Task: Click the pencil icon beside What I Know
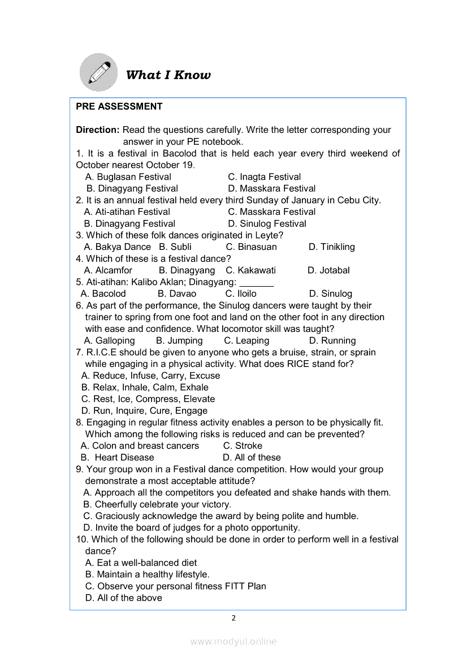point(98,72)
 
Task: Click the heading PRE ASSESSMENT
point(119,106)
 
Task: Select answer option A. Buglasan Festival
point(128,177)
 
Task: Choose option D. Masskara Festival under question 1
point(271,188)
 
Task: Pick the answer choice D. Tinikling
point(331,247)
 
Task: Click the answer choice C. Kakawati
point(250,270)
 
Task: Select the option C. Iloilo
point(241,293)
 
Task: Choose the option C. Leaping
point(247,340)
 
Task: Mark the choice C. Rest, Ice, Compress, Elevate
point(148,399)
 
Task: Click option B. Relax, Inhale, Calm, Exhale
point(145,387)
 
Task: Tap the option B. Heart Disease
point(118,457)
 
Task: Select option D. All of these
point(252,457)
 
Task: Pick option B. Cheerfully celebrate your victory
point(157,504)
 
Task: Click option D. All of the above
point(123,598)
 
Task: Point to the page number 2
point(233,618)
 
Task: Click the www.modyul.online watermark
point(233,641)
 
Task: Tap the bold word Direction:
point(98,130)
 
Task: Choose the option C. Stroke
point(243,446)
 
